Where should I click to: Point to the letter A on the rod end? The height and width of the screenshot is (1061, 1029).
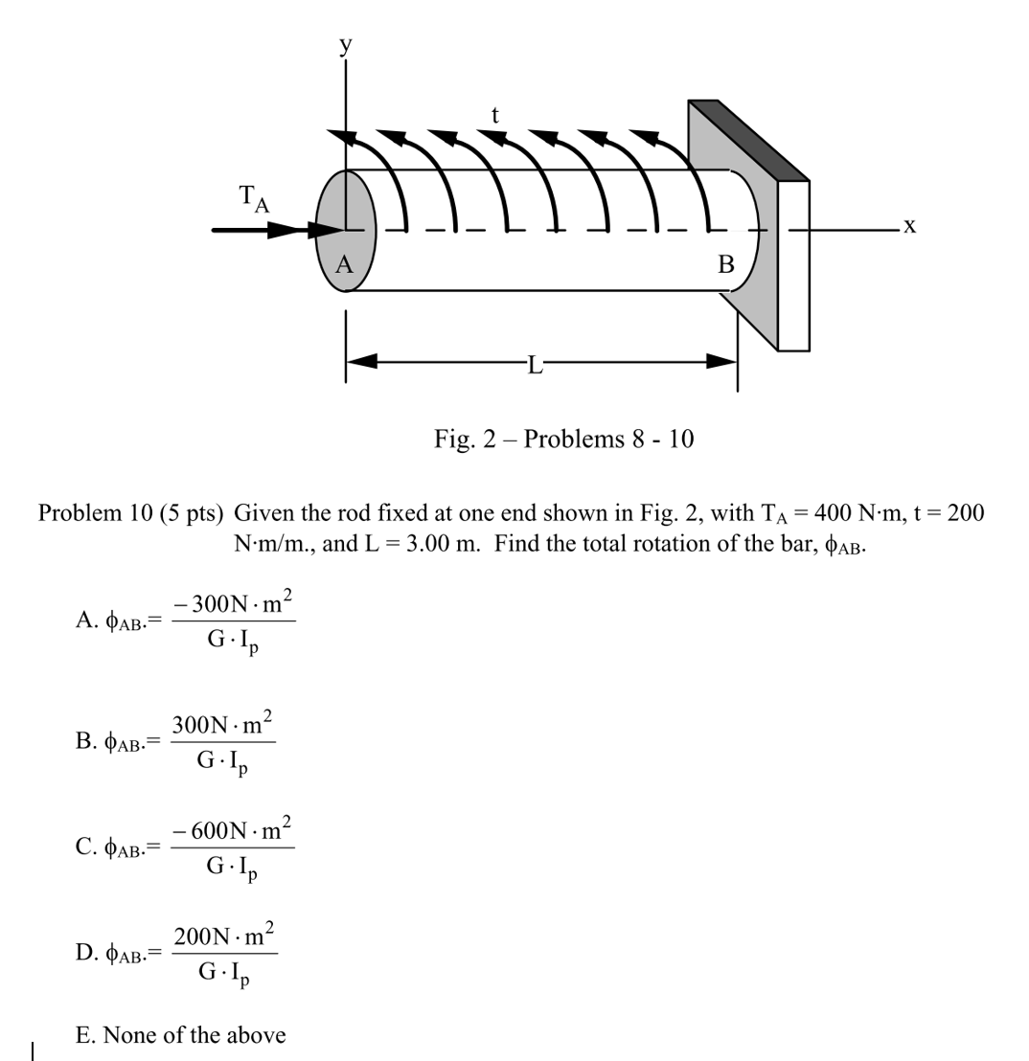[x=344, y=264]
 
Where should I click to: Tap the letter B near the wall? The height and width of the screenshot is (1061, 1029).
[x=725, y=264]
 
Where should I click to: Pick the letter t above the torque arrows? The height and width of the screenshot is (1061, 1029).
[x=494, y=115]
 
